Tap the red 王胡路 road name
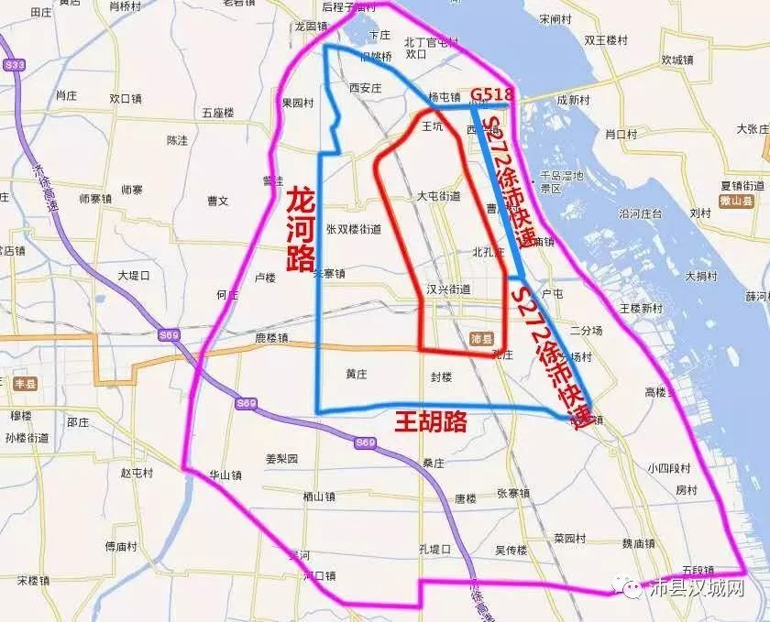[431, 422]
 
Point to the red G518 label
[491, 95]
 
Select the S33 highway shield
[14, 65]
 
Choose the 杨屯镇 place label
[445, 96]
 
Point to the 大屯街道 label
[438, 196]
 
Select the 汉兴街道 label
[449, 289]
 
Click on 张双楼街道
[354, 229]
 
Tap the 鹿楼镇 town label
[271, 338]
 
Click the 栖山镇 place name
[319, 496]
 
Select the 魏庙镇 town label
[640, 542]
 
